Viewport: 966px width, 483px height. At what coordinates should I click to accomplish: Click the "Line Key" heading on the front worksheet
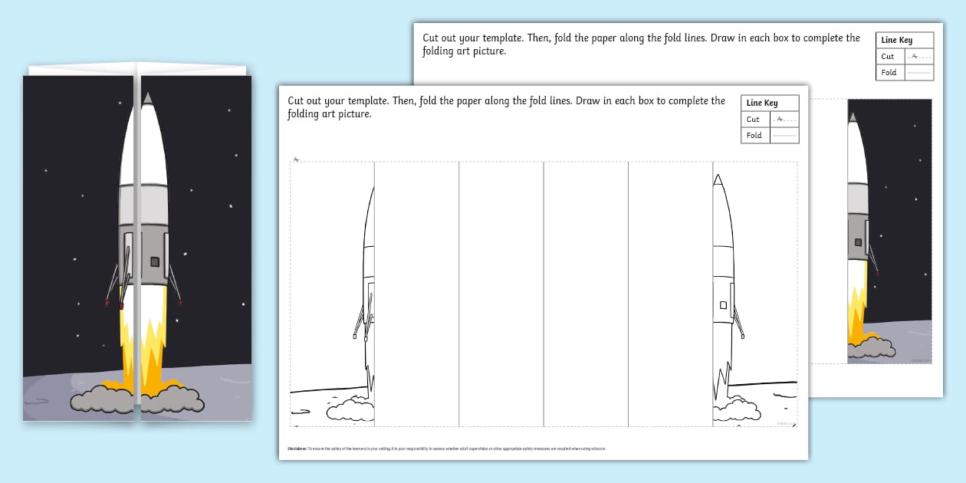pos(761,103)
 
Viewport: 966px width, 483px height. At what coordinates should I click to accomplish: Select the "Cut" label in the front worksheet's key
pos(753,120)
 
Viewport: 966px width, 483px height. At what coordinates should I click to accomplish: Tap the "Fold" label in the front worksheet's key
pos(754,136)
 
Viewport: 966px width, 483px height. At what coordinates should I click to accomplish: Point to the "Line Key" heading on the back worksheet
pos(896,40)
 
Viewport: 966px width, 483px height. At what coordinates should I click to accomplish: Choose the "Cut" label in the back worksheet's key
pos(888,57)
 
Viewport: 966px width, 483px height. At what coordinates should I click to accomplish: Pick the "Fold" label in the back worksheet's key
pos(889,73)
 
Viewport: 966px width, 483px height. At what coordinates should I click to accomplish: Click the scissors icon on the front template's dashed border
pos(296,159)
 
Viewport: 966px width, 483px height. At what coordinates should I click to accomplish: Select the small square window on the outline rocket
pos(723,305)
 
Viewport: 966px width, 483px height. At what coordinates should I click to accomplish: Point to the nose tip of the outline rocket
pos(718,176)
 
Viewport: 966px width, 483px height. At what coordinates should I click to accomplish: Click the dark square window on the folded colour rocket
pos(155,261)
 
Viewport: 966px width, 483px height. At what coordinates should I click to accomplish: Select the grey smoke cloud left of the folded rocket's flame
pos(102,399)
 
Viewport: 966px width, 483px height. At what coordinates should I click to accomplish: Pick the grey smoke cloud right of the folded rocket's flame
pos(174,398)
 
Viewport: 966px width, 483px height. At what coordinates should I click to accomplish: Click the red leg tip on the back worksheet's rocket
pos(877,274)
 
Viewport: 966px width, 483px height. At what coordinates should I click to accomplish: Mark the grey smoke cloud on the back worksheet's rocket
pos(874,347)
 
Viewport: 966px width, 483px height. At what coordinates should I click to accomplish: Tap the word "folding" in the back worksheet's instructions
pos(439,51)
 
